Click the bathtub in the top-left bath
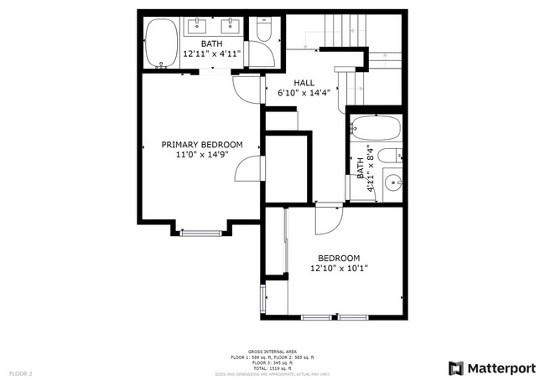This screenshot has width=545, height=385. point(161,44)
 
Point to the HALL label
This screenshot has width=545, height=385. point(303,83)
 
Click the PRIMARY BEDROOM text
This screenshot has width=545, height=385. point(201,145)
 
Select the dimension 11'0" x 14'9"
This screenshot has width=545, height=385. point(201,155)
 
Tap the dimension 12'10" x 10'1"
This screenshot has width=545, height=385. point(339,268)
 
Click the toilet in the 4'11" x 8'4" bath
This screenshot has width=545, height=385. point(391,155)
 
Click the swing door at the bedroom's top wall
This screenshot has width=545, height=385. point(330,219)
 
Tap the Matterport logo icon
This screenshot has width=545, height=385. point(456,368)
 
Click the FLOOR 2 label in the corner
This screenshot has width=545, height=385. point(21,372)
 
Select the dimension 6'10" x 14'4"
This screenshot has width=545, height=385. point(303,93)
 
